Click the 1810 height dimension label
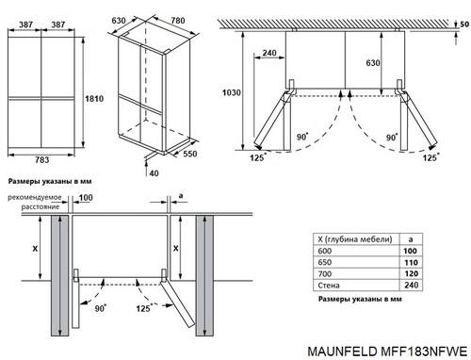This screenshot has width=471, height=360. pos(94,99)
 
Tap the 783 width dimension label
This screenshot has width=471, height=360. pos(41,160)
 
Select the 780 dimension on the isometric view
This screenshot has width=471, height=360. pos(178,21)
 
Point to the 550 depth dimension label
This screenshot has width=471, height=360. pos(190,154)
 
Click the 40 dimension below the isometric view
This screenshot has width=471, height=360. pos(154,173)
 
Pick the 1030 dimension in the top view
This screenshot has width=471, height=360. pos(232,92)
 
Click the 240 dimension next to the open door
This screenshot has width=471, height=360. pos(269,53)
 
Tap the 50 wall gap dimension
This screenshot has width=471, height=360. pos(464,24)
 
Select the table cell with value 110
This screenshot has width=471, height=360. pos(411,262)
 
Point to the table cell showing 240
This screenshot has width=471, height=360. pos(411,286)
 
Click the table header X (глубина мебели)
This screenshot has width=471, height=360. pos(355,239)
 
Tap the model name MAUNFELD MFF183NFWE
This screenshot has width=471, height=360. pos(387,352)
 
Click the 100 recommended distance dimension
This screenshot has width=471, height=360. pos(86,198)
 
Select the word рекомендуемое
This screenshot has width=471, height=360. pos(35,197)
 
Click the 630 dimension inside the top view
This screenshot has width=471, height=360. pos(373,63)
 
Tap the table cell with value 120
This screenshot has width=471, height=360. pos(411,274)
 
